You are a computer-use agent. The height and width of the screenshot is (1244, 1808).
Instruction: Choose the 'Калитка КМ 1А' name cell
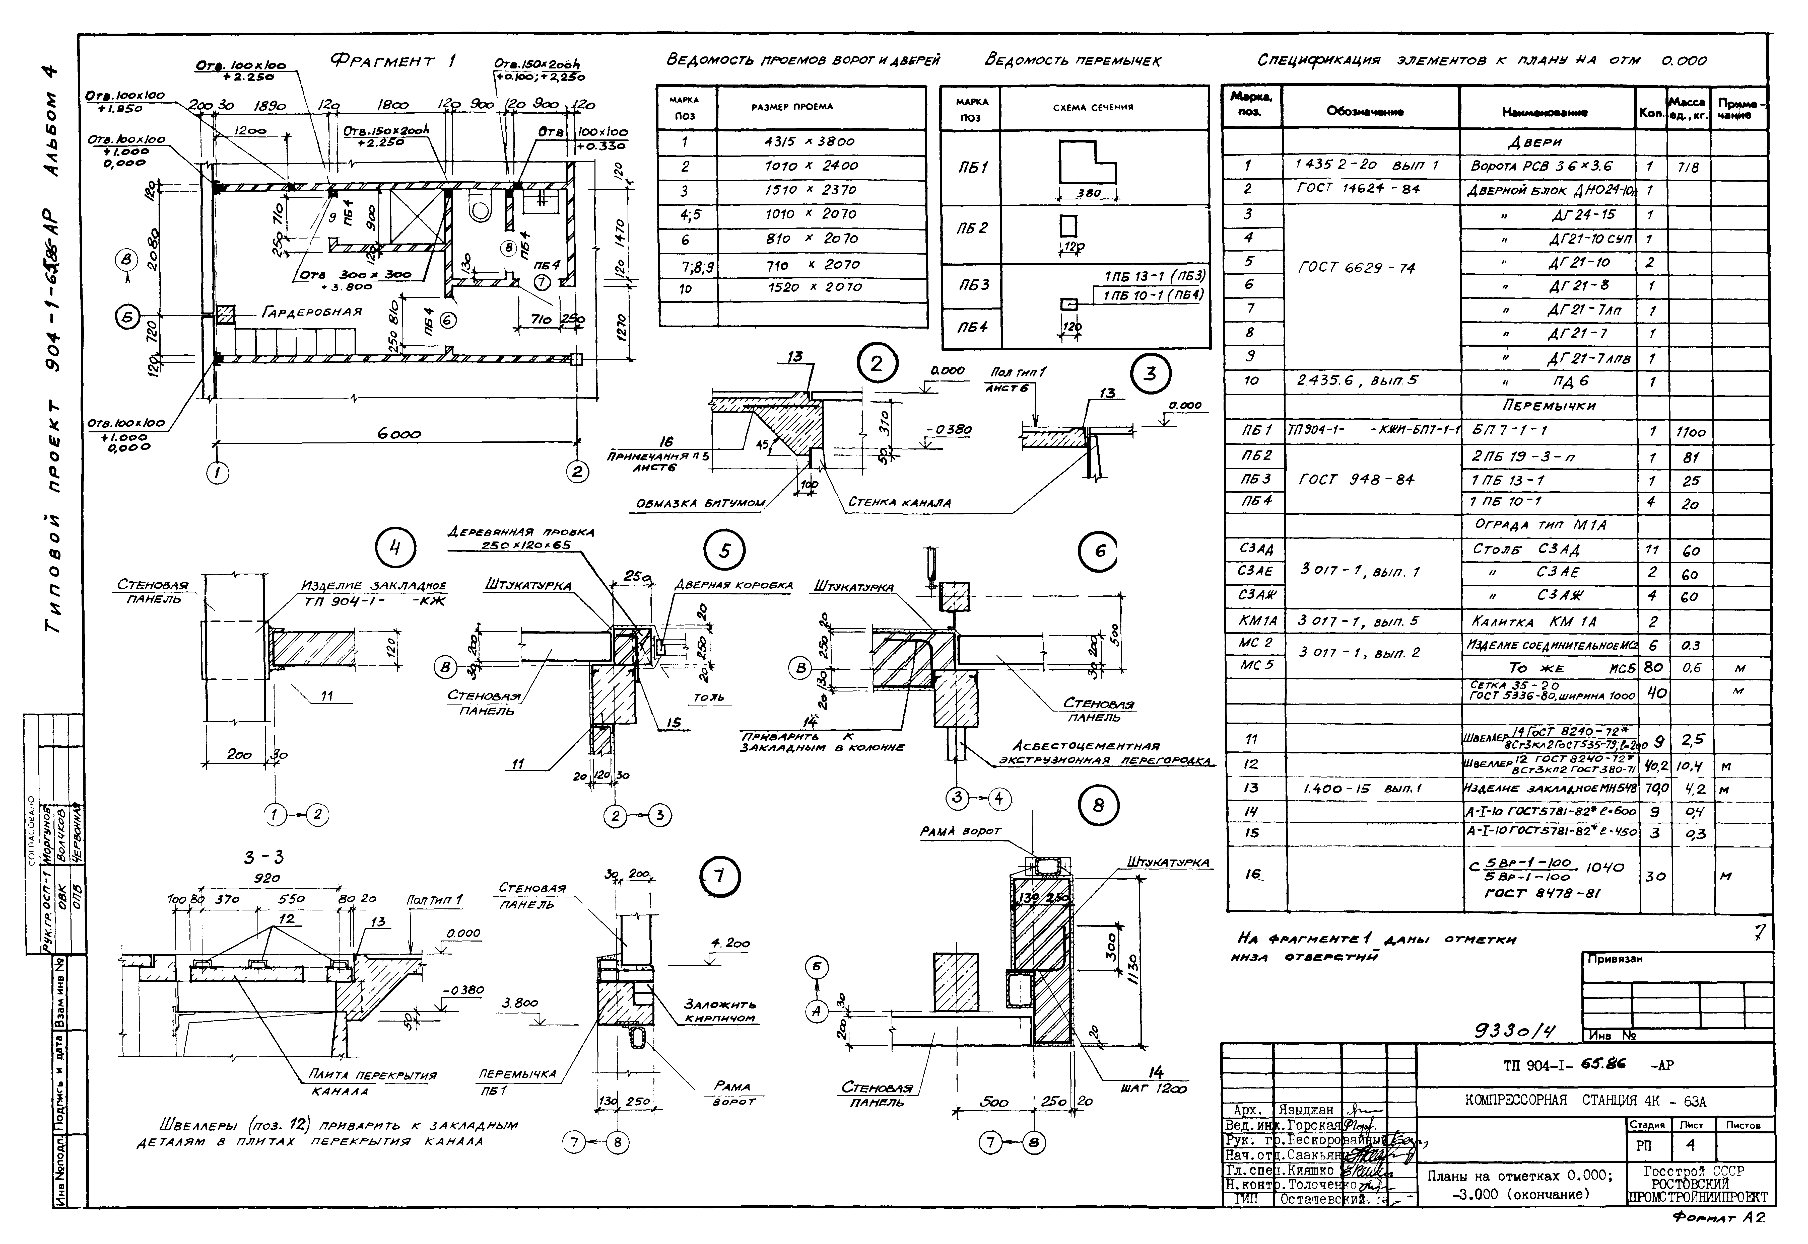click(1533, 622)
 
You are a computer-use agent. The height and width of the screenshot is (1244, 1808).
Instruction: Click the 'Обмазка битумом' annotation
click(700, 504)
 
